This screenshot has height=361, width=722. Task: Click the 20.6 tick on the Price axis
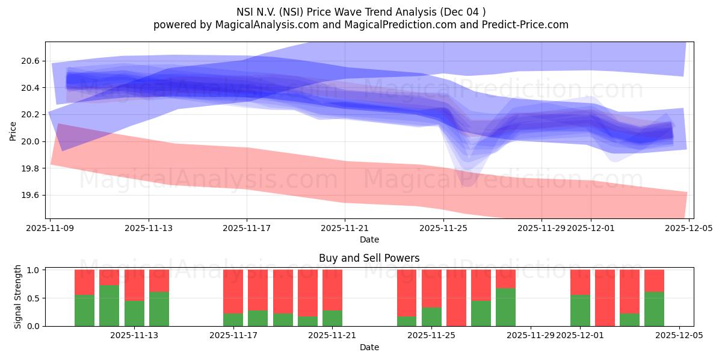[31, 61]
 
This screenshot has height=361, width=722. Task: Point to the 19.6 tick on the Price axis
[31, 195]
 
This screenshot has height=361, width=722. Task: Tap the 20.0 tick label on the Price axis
[31, 141]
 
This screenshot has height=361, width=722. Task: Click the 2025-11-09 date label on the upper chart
[51, 229]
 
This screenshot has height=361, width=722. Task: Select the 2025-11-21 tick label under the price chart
[345, 229]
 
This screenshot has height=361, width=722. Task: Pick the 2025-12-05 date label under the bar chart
[679, 336]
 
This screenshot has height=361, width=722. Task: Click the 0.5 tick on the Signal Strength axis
[34, 298]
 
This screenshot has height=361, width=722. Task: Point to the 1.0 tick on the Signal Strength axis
[34, 270]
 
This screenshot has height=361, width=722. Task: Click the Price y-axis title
[13, 130]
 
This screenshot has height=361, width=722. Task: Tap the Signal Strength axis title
[18, 297]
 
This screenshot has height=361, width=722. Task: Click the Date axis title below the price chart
[369, 239]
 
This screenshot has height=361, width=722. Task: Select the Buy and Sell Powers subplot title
[369, 258]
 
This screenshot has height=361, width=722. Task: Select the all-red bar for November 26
[456, 298]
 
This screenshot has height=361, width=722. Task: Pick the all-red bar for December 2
[605, 298]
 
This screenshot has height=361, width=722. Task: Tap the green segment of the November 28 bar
[505, 307]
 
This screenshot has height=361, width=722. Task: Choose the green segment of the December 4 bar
[654, 309]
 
